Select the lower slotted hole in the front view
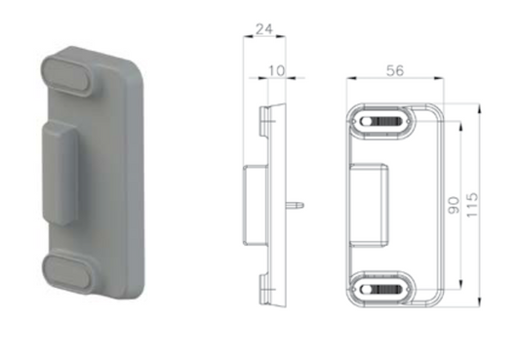click(x=383, y=290)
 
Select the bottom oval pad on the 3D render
click(x=70, y=272)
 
